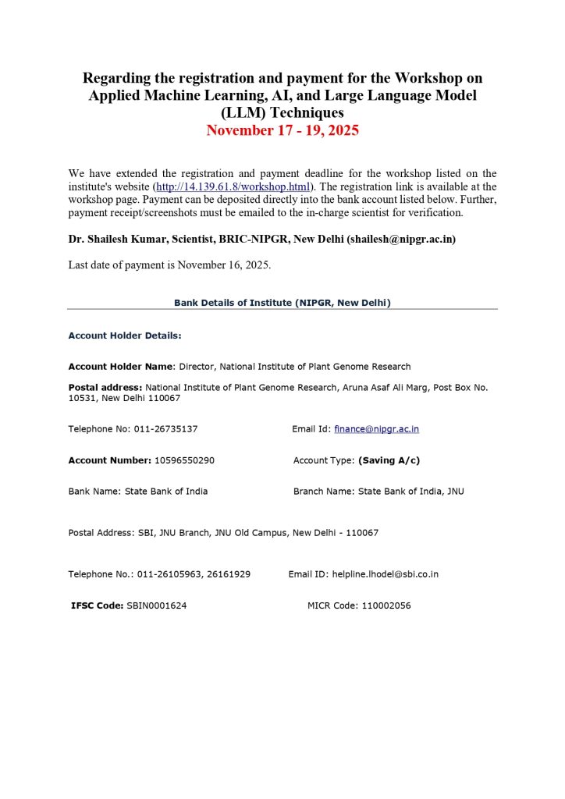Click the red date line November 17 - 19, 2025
[282, 130]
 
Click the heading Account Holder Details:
[125, 336]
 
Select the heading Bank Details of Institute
[282, 302]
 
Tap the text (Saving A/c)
[389, 460]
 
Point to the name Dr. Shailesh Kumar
[116, 240]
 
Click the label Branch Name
[323, 492]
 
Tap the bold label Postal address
[105, 387]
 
